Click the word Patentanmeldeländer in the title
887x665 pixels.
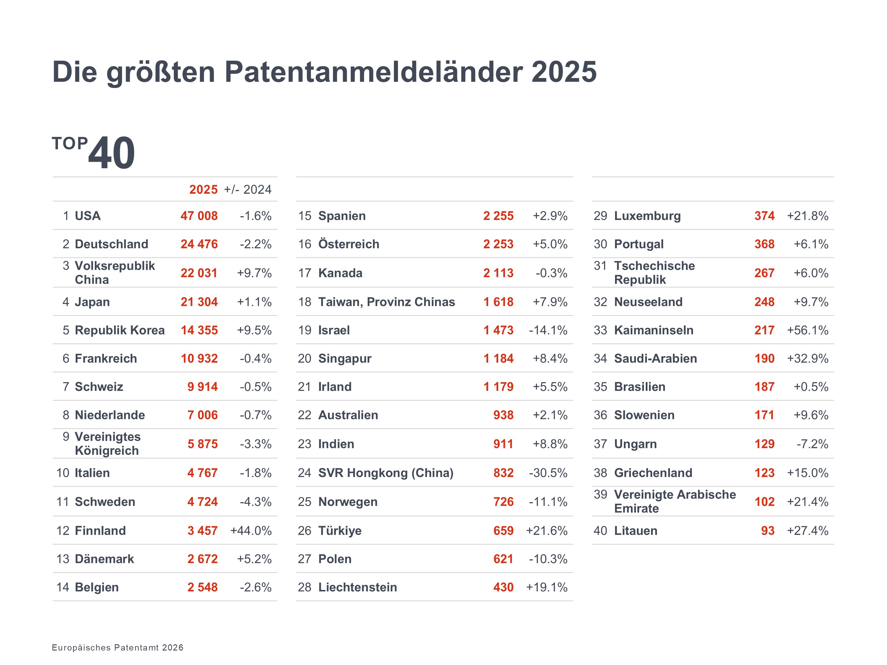(373, 72)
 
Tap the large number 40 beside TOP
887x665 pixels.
(111, 153)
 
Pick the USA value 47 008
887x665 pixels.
(199, 216)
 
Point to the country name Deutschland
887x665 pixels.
(111, 244)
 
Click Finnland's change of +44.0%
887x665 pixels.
(251, 531)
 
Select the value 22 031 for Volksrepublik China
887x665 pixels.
(199, 273)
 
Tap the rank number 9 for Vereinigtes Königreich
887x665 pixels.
(66, 437)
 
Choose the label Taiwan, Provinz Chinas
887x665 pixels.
(386, 302)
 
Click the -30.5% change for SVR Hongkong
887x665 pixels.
(548, 473)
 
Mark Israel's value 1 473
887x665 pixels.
(498, 330)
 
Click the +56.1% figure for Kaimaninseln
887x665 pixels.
(807, 330)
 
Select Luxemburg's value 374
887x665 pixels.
(764, 216)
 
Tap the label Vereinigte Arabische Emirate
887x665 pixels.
(675, 502)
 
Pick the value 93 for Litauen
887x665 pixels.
(768, 531)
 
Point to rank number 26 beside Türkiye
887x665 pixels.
(304, 531)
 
